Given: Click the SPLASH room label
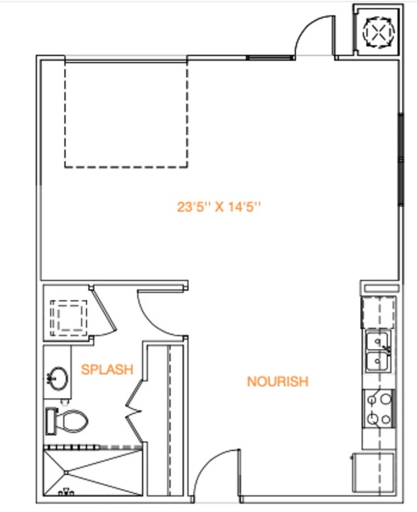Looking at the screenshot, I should click(107, 369).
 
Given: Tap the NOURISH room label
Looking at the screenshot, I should click(277, 382).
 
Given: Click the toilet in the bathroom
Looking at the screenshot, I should click(70, 421).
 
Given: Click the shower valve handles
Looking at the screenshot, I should click(65, 491).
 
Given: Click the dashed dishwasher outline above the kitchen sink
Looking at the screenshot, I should click(378, 311).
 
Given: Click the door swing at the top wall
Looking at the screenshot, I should click(313, 36).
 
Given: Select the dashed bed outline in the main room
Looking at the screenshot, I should click(126, 114).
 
